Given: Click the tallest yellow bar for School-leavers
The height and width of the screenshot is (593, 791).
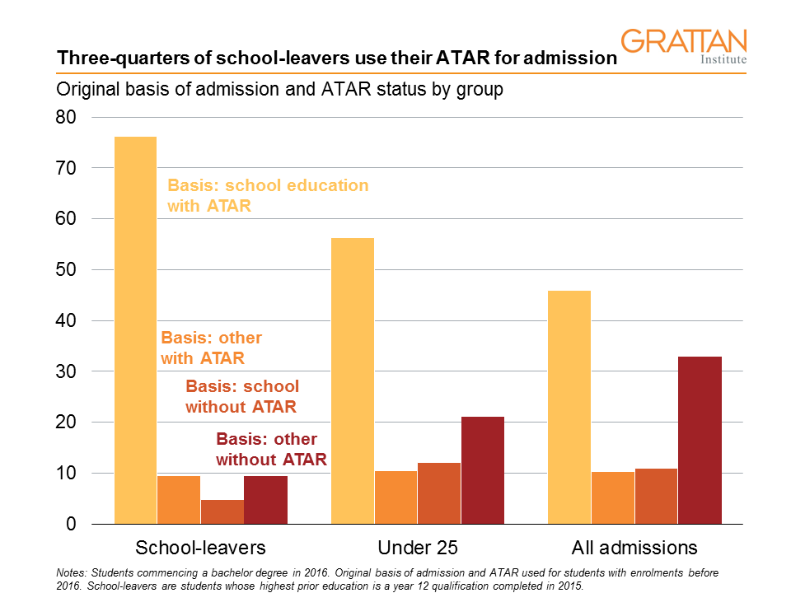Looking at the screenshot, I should pyautogui.click(x=135, y=329).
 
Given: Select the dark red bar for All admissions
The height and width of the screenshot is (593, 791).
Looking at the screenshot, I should pyautogui.click(x=700, y=440).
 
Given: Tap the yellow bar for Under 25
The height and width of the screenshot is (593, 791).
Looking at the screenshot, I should pyautogui.click(x=353, y=381).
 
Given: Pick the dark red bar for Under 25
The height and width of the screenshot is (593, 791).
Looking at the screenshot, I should pyautogui.click(x=483, y=470).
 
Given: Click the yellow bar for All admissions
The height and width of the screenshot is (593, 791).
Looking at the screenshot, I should pyautogui.click(x=569, y=407).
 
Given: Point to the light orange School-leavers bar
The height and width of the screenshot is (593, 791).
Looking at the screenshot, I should pyautogui.click(x=179, y=500).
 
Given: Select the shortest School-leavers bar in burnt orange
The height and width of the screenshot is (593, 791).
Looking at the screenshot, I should pyautogui.click(x=222, y=511).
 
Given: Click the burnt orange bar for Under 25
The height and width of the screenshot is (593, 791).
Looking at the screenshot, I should pyautogui.click(x=439, y=493).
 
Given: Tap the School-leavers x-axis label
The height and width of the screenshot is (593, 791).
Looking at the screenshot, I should pyautogui.click(x=200, y=548).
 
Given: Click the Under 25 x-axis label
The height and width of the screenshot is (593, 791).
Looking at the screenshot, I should pyautogui.click(x=417, y=548).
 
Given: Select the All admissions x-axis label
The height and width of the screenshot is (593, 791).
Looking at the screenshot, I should pyautogui.click(x=634, y=548).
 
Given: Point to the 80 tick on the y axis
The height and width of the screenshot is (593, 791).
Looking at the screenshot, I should pyautogui.click(x=65, y=117).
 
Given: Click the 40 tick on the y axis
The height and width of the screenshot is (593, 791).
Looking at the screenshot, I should pyautogui.click(x=65, y=320).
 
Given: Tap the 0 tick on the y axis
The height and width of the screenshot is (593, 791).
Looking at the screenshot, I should pyautogui.click(x=71, y=524).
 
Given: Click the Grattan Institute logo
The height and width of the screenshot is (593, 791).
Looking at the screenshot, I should pyautogui.click(x=683, y=47).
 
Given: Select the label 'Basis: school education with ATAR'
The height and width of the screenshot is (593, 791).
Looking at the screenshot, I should pyautogui.click(x=268, y=195).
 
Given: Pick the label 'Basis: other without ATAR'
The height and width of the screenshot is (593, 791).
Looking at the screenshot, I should pyautogui.click(x=271, y=449).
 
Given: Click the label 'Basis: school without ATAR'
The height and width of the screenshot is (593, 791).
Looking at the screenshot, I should pyautogui.click(x=242, y=396).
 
